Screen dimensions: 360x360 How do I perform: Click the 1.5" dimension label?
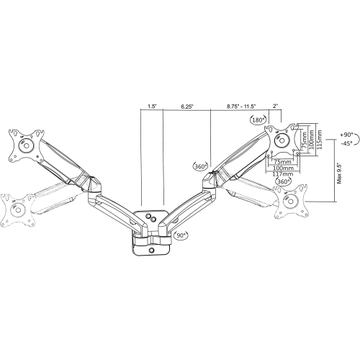point(152,106)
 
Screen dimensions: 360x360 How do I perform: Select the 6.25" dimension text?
point(187,107)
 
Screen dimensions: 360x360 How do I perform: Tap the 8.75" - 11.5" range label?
point(242,107)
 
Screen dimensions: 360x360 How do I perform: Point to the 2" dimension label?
point(275,106)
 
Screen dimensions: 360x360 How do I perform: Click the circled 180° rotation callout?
point(258,120)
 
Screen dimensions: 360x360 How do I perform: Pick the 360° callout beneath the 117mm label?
point(283,181)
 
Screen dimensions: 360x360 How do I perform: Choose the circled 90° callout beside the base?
point(181,235)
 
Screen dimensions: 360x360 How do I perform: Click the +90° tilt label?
point(346,135)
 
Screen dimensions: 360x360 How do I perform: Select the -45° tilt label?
point(346,143)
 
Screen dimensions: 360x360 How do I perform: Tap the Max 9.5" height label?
point(339,173)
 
